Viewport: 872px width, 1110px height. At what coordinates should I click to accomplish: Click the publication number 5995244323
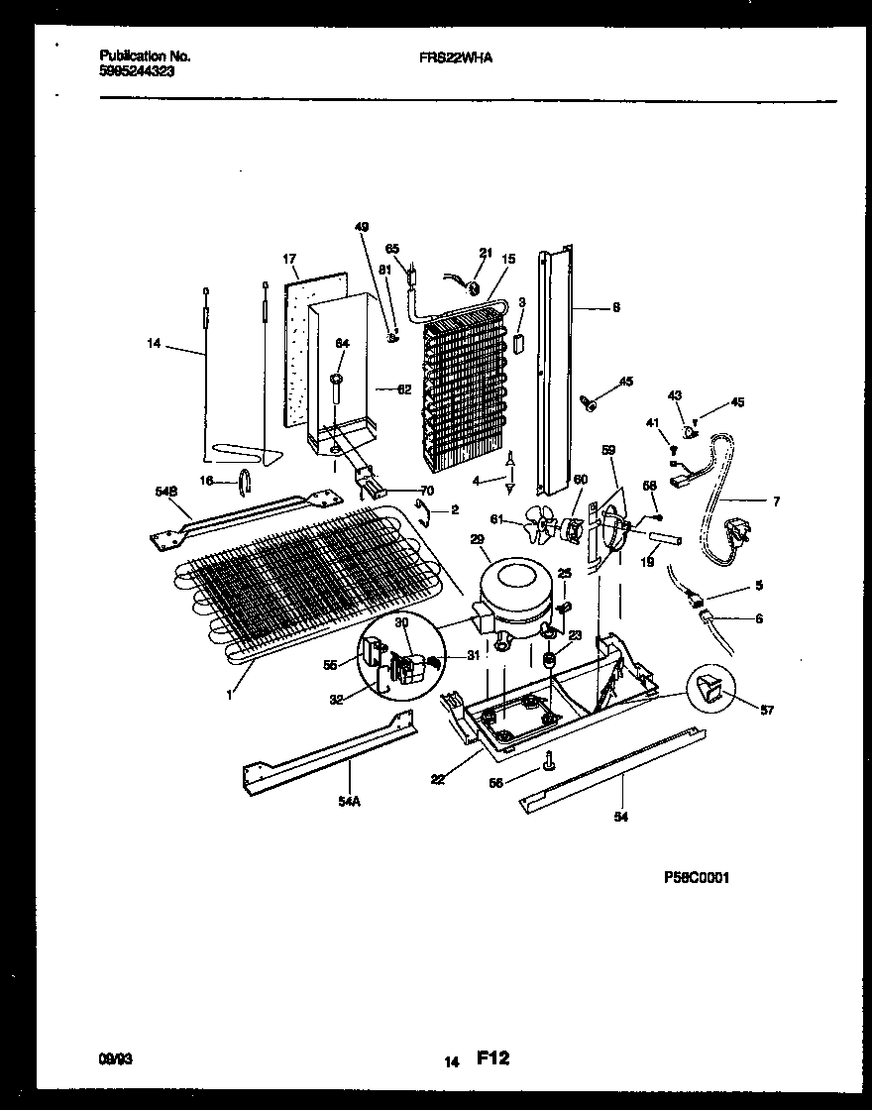(138, 72)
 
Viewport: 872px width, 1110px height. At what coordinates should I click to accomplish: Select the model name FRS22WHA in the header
(456, 57)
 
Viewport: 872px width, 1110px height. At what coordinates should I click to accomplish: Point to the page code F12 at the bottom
(492, 1058)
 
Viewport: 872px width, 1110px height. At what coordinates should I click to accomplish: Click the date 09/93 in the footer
(116, 1059)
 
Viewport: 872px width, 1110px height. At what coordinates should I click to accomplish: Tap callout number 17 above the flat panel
(289, 260)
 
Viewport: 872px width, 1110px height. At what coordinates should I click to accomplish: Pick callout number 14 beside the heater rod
(152, 344)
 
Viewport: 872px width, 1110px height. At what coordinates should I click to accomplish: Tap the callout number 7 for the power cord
(776, 501)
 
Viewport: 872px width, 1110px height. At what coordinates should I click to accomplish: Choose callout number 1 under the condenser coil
(229, 695)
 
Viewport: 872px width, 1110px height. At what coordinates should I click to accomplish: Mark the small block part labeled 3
(517, 342)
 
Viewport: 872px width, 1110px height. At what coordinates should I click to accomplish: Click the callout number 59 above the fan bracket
(608, 449)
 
